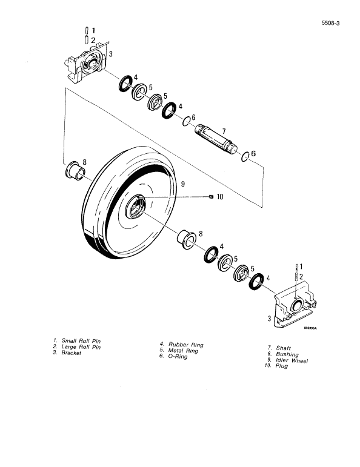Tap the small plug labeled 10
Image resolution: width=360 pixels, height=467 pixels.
(210, 196)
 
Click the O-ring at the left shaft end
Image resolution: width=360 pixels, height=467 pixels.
(187, 123)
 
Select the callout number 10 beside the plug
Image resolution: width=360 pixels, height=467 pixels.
(220, 196)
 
